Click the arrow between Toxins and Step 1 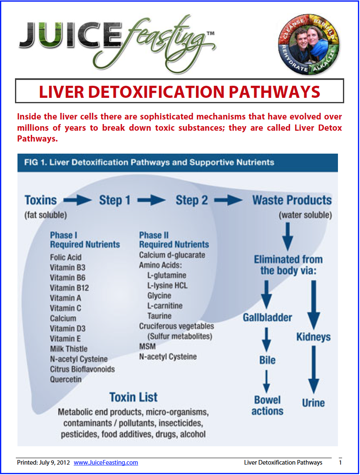tap(78, 200)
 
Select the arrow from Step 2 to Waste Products tap(228, 200)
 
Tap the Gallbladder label tap(268, 318)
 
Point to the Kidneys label tap(313, 337)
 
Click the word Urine tap(313, 403)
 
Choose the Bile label tap(267, 360)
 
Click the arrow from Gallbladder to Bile tap(267, 339)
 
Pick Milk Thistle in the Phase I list tap(69, 349)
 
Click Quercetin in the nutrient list tap(66, 379)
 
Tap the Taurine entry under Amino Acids tap(159, 316)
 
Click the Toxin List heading tap(134, 397)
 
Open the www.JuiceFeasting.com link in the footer tap(106, 463)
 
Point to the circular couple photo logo tap(308, 47)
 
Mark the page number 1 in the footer tap(340, 463)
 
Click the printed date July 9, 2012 tap(52, 463)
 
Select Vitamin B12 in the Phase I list tap(69, 288)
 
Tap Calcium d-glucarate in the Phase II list tap(172, 255)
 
